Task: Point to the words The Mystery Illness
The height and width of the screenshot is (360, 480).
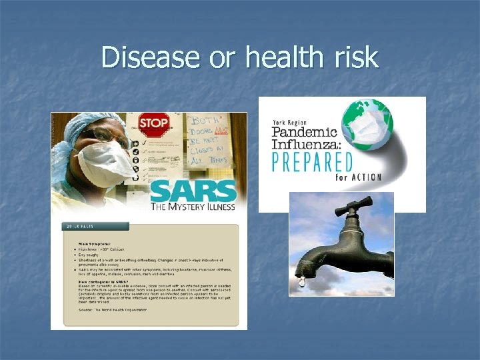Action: pyautogui.click(x=193, y=208)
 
